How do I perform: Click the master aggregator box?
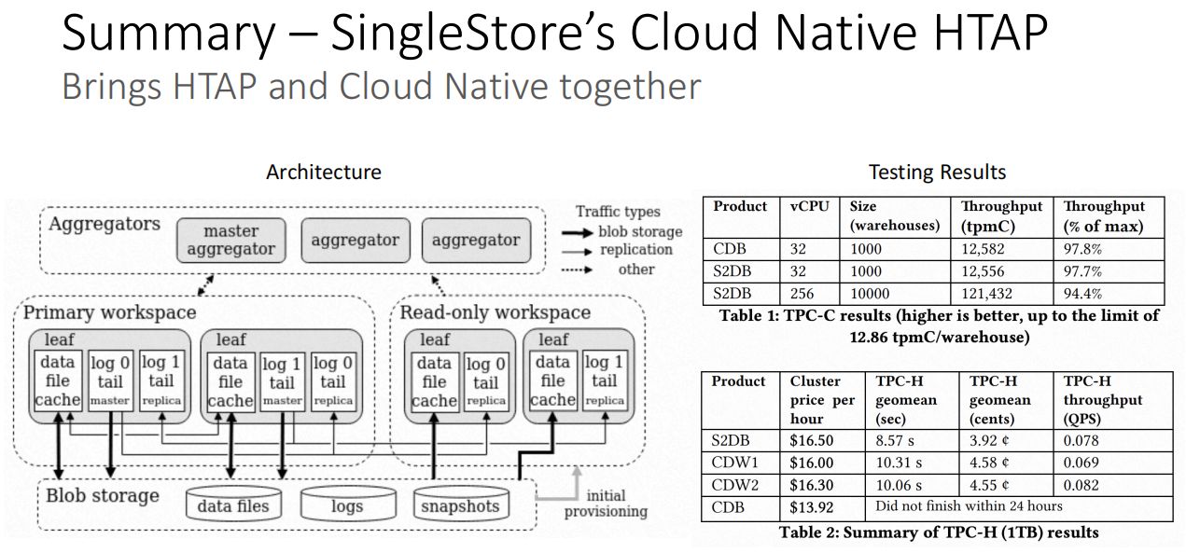[230, 241]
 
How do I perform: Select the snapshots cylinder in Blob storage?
[461, 504]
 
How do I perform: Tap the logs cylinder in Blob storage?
[348, 504]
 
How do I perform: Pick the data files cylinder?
[233, 504]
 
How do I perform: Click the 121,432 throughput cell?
[987, 294]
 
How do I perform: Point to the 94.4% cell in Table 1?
[1082, 294]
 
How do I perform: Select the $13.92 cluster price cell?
[811, 507]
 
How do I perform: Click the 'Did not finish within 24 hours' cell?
[969, 505]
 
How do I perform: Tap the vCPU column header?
[809, 206]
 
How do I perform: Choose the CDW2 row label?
[735, 485]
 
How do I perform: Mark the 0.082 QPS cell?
[1081, 485]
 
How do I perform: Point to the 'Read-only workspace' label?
[495, 312]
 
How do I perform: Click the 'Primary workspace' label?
[109, 312]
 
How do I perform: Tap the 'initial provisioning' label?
[606, 504]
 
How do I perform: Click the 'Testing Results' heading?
[937, 172]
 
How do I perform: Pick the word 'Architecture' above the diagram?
[324, 172]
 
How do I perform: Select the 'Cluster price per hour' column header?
[822, 400]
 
